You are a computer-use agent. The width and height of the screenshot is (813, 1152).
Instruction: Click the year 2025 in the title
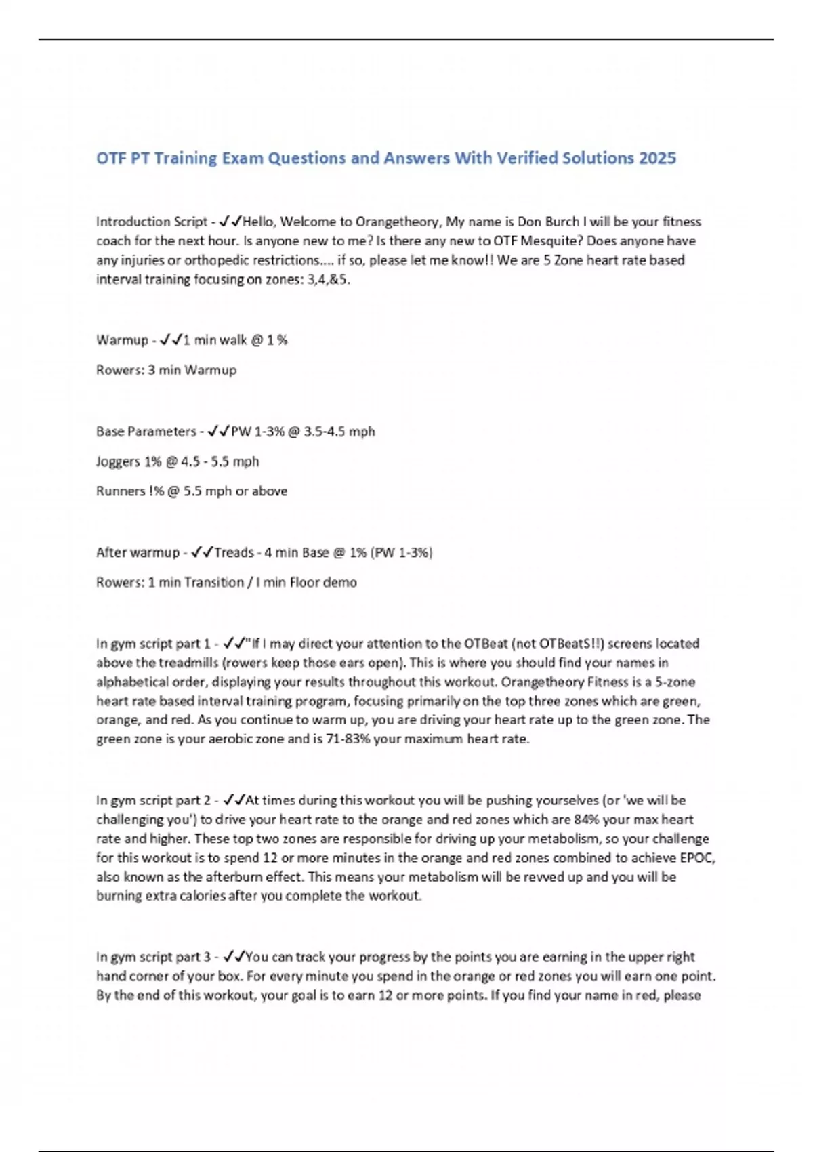pos(656,158)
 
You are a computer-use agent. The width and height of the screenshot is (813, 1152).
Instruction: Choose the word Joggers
pos(118,461)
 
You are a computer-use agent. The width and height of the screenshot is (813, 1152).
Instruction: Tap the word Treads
pos(234,552)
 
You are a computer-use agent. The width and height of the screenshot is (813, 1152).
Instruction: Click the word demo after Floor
pos(340,582)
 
